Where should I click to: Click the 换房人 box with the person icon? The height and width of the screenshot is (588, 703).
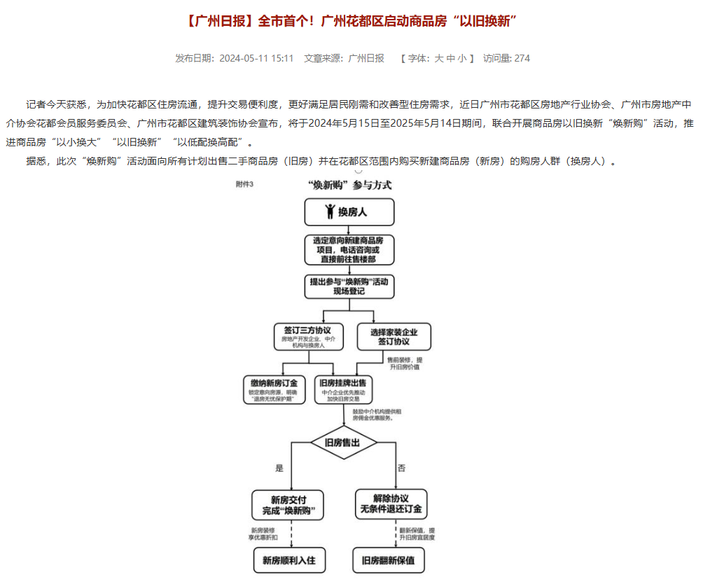point(349,211)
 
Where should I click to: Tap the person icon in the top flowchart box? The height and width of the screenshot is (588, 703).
point(330,211)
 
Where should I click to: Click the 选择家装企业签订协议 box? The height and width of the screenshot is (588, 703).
point(394,337)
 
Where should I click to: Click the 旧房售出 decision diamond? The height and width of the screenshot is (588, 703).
point(343,442)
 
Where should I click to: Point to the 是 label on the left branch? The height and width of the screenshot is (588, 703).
point(280,467)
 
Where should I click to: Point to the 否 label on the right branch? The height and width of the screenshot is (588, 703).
point(401,467)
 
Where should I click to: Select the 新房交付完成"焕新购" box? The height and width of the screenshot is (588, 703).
point(288,504)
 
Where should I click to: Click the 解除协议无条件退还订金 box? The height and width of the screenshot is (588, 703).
point(391,504)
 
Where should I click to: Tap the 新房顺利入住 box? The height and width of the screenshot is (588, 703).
point(289,560)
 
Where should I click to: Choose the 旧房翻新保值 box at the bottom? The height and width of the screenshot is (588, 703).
point(388,560)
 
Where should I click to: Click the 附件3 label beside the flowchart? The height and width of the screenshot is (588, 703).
point(244,185)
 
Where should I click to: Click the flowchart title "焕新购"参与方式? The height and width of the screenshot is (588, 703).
point(349,185)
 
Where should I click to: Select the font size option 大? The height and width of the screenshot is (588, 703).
point(439,59)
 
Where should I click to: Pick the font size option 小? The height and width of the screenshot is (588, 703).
point(462,59)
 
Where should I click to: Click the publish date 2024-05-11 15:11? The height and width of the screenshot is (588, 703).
point(256,59)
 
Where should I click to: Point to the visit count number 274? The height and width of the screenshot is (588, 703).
point(522,59)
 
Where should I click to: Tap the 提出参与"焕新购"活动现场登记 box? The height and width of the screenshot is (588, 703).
point(349,286)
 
